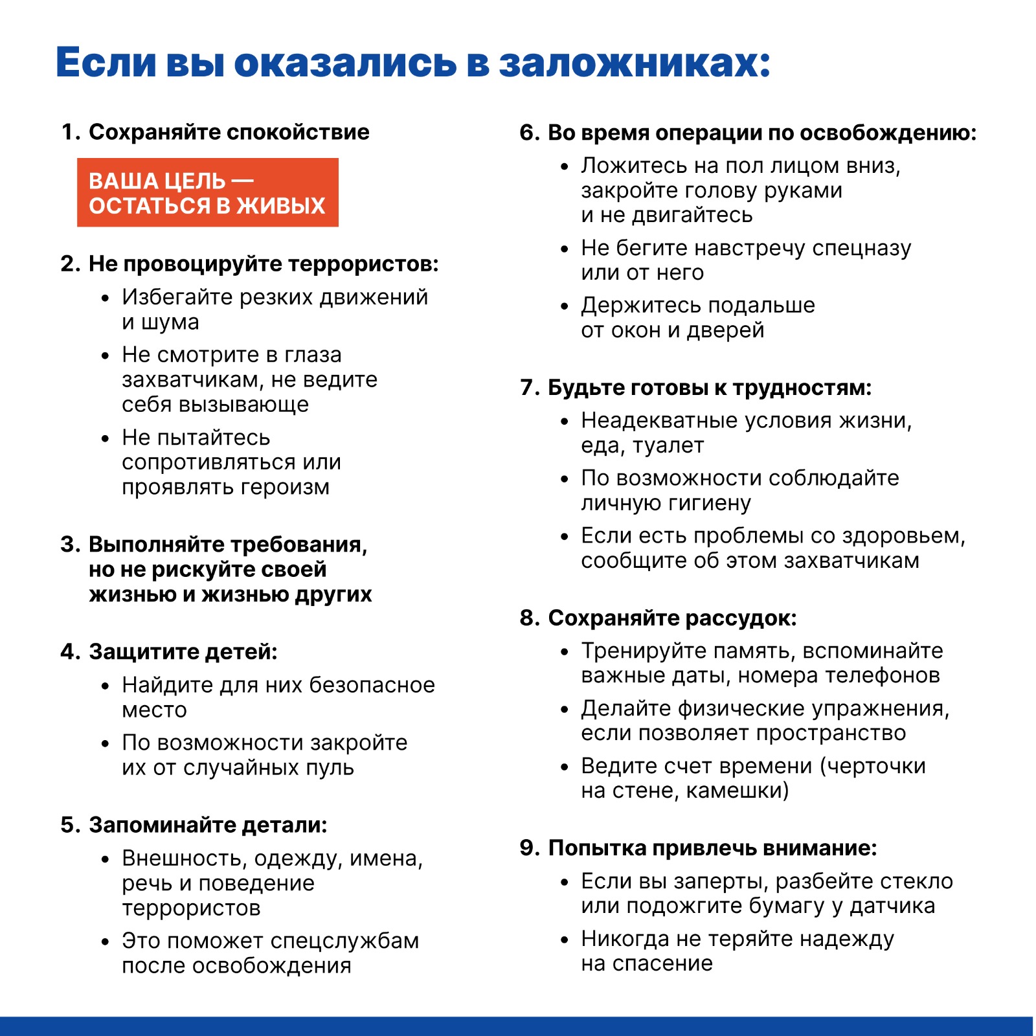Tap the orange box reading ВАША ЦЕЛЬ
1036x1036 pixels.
pos(207,192)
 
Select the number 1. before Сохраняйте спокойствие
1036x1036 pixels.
pos(70,132)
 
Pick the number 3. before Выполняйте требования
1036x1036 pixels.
pos(70,545)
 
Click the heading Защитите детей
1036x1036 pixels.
pos(183,651)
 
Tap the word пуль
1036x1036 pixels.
pos(333,767)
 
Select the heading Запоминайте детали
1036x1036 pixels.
pos(208,825)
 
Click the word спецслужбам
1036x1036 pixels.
pos(343,941)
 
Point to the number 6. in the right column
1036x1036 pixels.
pos(530,133)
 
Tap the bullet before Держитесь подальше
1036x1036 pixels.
pos(565,306)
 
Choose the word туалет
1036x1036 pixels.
pos(668,445)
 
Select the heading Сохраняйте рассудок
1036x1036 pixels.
pos(672,618)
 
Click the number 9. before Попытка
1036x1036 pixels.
pos(530,848)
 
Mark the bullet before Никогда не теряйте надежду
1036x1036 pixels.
pos(565,940)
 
